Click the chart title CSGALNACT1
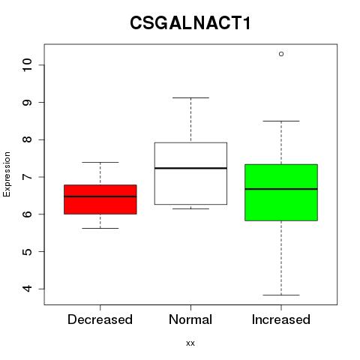pos(190,23)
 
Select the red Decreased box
pos(100,199)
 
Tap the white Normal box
pos(190,173)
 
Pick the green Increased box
pos(281,193)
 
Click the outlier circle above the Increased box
pos(281,54)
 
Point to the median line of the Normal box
pos(190,168)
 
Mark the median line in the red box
pos(100,196)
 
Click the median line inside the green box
pos(281,189)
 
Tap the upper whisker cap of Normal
pos(190,97)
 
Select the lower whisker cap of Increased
pos(281,295)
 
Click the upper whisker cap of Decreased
pos(100,162)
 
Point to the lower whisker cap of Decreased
pos(100,228)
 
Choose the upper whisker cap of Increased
pos(281,121)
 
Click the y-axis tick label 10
pos(28,65)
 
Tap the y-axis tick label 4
pos(28,289)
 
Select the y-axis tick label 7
pos(28,177)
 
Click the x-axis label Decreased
pos(100,319)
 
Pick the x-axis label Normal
pos(190,319)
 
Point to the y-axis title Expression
pos(7,174)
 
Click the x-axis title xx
pos(190,343)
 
